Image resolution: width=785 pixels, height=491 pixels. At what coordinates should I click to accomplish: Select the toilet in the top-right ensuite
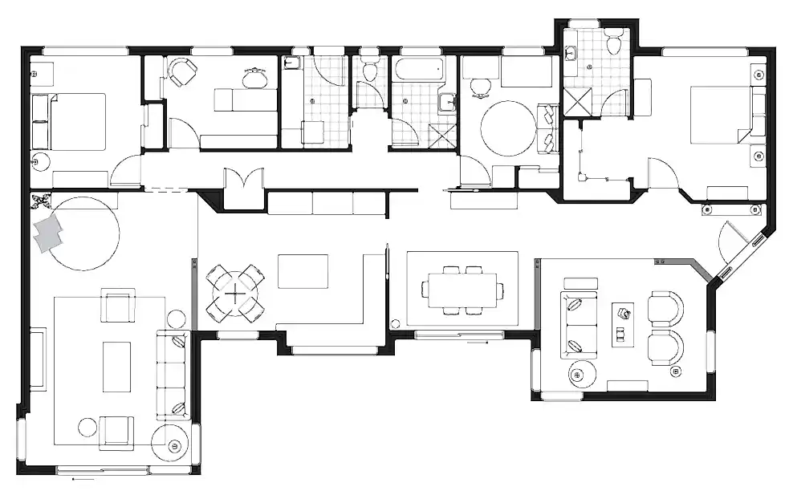615,43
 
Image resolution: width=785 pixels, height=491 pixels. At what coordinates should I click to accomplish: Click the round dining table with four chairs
234,294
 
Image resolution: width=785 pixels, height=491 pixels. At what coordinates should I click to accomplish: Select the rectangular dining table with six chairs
462,290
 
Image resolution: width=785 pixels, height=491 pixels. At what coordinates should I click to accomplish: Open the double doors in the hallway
243,183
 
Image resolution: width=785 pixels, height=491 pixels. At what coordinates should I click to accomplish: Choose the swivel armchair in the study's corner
182,72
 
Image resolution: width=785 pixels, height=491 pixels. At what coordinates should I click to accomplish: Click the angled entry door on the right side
733,241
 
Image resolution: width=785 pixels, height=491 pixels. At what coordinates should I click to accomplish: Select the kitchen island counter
303,270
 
